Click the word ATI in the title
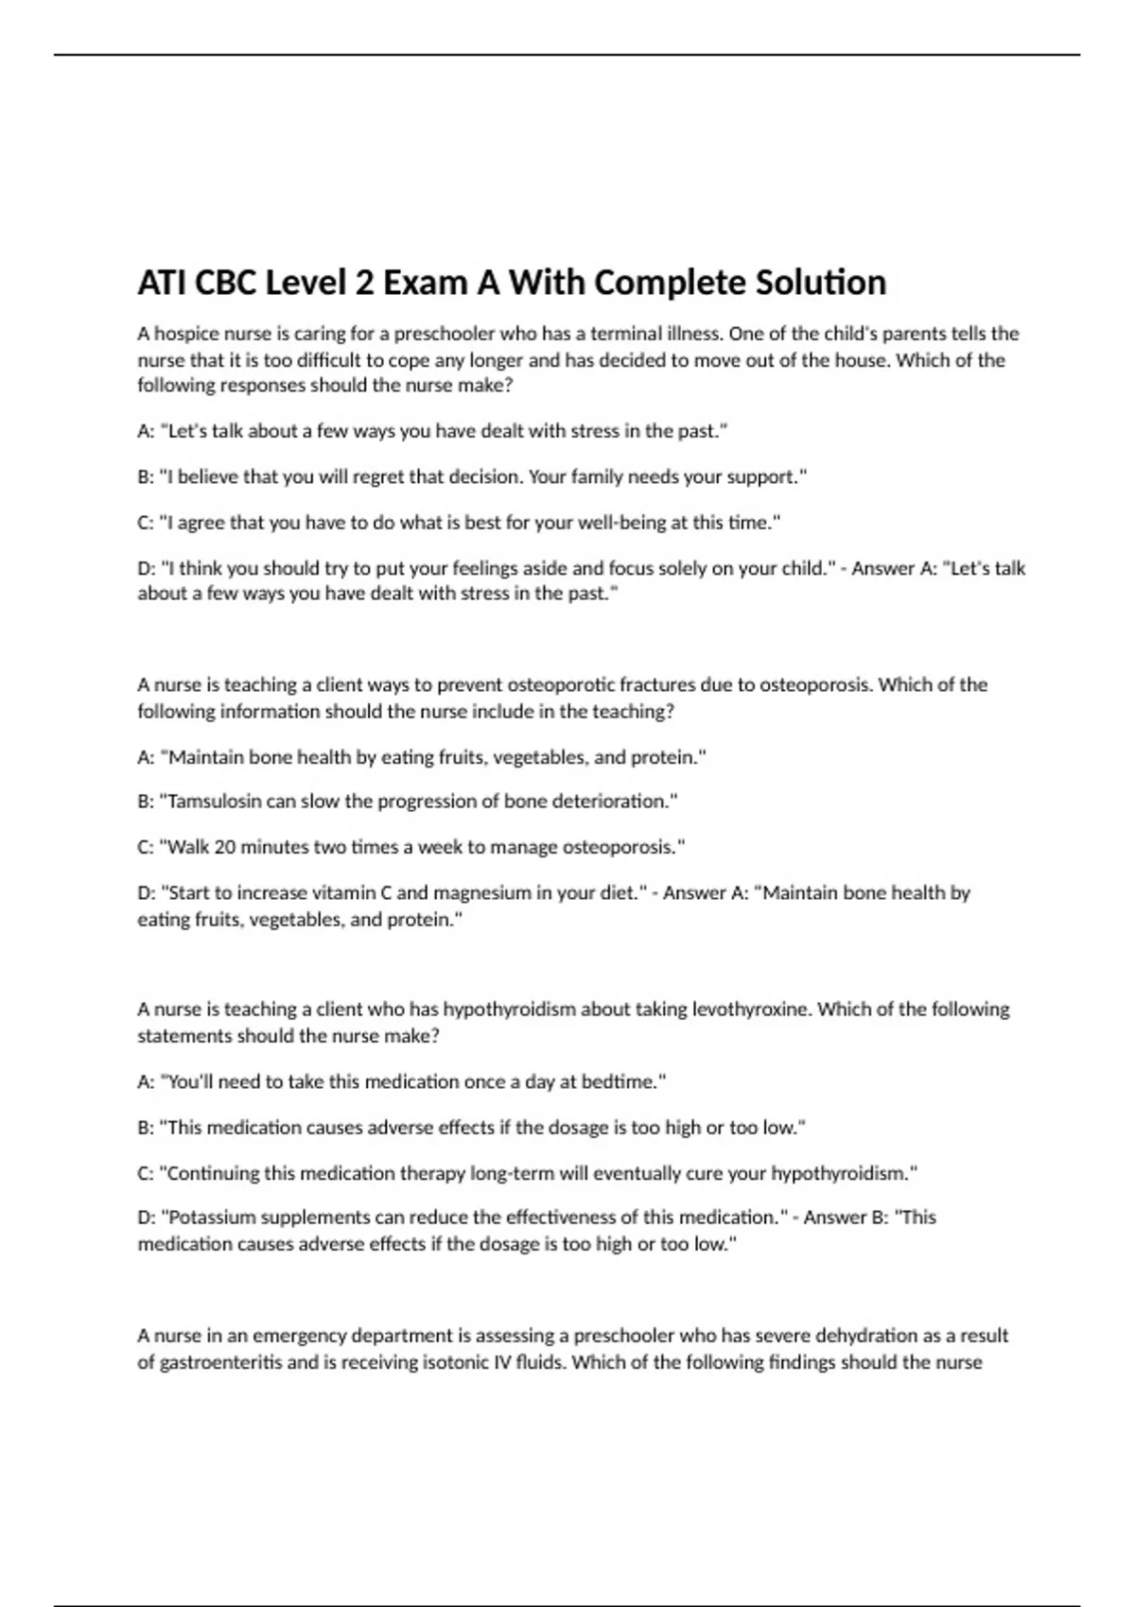(x=163, y=283)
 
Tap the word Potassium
(x=211, y=1218)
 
